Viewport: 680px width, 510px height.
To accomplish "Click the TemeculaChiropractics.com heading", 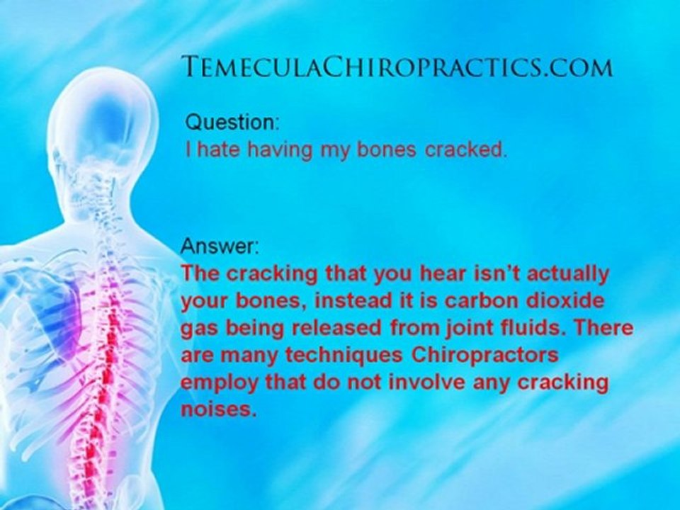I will (x=397, y=67).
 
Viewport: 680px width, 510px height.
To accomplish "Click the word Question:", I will (x=232, y=123).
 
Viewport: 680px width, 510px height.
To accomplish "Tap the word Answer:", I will (x=220, y=247).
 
